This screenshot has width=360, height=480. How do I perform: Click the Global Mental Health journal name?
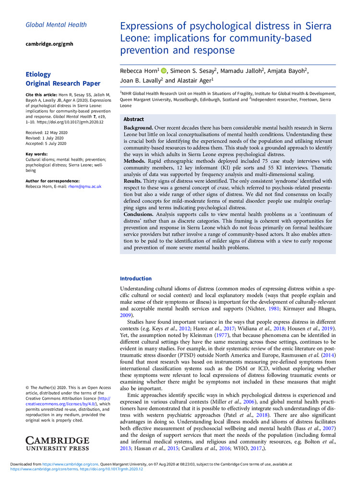[x=56, y=24]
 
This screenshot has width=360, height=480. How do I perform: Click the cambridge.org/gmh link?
[x=49, y=44]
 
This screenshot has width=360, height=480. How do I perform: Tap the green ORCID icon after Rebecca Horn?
[x=164, y=71]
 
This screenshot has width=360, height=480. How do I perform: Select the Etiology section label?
[x=38, y=74]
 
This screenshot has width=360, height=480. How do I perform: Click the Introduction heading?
[x=136, y=278]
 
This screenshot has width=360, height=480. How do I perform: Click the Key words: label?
[x=36, y=154]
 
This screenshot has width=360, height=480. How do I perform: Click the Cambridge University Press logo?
[x=57, y=444]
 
